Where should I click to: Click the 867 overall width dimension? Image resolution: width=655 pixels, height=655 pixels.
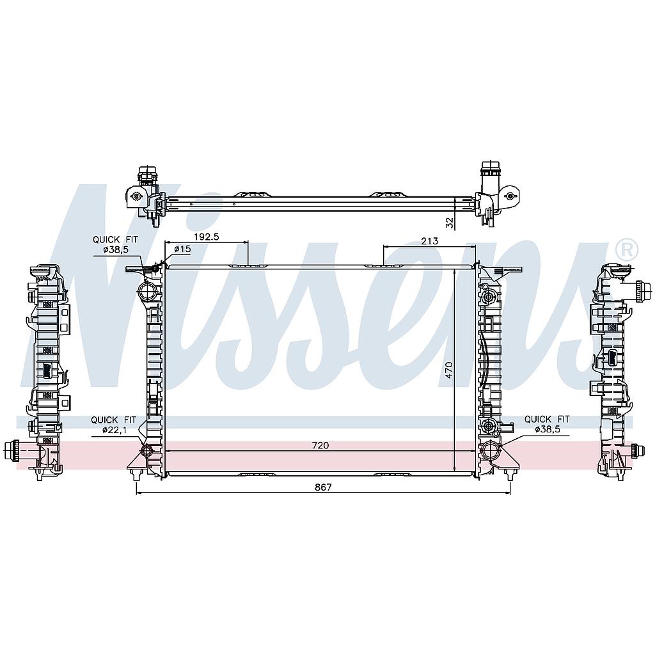[323, 487]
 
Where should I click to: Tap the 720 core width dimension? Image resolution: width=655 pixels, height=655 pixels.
[320, 446]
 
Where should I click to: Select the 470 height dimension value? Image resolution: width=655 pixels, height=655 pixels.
[449, 370]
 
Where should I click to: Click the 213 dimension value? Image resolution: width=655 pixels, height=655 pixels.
[430, 241]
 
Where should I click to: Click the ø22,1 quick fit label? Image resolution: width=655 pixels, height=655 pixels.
[114, 429]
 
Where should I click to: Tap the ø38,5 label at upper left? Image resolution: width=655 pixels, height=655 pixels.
[115, 249]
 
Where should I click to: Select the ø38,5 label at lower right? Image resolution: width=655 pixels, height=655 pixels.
[548, 429]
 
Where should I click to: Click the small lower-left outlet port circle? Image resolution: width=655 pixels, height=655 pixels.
[148, 451]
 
